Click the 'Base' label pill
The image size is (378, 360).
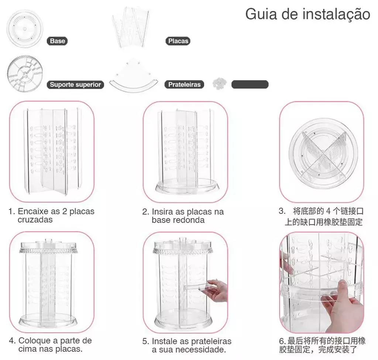tap(57, 41)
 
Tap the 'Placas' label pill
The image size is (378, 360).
tap(178, 41)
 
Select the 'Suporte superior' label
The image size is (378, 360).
tap(75, 85)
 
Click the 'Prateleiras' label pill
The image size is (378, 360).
tap(184, 85)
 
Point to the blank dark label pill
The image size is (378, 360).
tap(250, 85)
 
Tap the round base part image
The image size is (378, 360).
tap(25, 29)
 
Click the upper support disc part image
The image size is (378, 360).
tap(25, 73)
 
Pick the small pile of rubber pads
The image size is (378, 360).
tap(219, 83)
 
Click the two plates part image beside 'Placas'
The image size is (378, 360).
tap(130, 27)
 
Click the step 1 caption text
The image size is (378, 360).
tap(51, 215)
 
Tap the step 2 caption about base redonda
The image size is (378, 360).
tap(183, 216)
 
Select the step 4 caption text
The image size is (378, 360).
tap(50, 344)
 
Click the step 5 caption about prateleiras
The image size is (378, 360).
tap(187, 345)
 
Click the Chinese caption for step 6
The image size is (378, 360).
tap(322, 345)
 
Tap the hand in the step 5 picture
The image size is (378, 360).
tap(216, 290)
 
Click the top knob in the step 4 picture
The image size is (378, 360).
tap(48, 241)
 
